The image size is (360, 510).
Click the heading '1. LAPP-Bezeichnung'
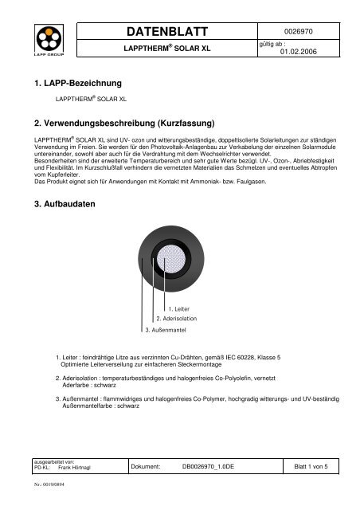pos(70,83)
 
